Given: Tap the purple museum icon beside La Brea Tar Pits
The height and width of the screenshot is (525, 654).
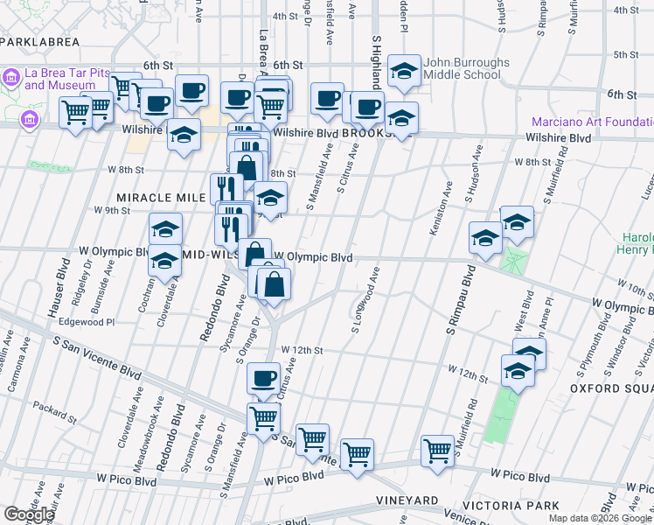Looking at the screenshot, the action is point(12,76).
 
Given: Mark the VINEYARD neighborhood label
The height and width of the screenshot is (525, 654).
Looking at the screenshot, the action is point(406,500).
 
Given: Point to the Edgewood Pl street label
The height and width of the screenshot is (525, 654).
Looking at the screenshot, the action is point(86,322).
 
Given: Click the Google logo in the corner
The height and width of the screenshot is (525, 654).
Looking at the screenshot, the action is point(28,514).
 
